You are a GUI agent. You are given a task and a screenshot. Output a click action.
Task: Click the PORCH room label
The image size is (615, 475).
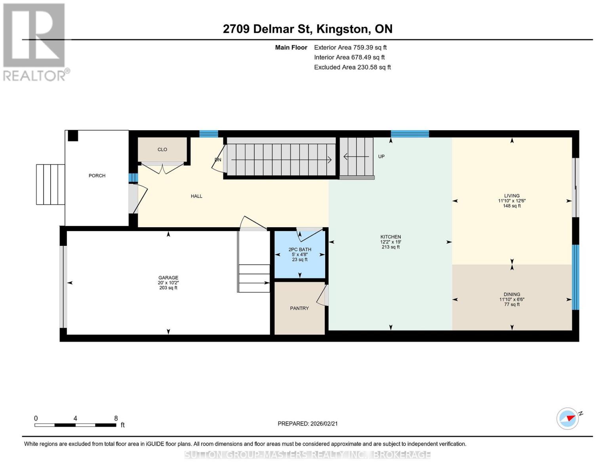[x=97, y=176]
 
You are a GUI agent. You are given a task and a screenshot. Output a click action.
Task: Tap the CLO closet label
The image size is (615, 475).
[x=162, y=150]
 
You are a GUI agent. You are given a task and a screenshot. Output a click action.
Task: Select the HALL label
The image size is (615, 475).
[x=196, y=196]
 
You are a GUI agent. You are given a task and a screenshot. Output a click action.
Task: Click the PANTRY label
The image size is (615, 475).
[x=299, y=308]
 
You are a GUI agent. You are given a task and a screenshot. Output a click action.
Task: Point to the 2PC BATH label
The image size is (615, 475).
[x=300, y=250]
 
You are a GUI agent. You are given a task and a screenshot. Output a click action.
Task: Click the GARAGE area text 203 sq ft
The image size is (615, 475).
[x=168, y=288]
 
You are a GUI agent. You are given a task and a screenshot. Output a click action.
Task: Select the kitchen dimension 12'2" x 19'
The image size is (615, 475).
[x=391, y=242]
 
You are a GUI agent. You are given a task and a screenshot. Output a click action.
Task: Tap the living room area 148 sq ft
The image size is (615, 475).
[x=512, y=206]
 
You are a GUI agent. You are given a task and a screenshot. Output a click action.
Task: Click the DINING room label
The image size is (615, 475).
[x=512, y=294]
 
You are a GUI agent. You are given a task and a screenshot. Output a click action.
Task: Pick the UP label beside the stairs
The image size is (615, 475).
[x=381, y=156]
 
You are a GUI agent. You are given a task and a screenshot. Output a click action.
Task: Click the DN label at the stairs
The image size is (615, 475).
[x=218, y=160]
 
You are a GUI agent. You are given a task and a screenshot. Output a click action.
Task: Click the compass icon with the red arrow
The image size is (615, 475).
[x=568, y=418]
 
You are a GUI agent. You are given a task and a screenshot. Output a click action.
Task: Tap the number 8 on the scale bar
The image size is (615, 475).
[x=116, y=418]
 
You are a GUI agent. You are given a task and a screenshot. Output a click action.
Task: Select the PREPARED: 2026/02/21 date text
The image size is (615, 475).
[x=308, y=424]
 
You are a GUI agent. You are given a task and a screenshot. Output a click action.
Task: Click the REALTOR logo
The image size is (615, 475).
[x=35, y=42]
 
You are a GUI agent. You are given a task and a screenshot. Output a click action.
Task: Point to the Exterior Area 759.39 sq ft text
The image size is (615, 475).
[x=350, y=47]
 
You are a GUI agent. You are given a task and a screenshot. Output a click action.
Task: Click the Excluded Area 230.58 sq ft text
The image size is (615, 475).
[x=352, y=67]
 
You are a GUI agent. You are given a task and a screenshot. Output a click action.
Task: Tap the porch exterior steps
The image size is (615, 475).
[x=51, y=184]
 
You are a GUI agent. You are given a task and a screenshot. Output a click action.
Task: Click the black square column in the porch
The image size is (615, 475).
[x=73, y=136]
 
